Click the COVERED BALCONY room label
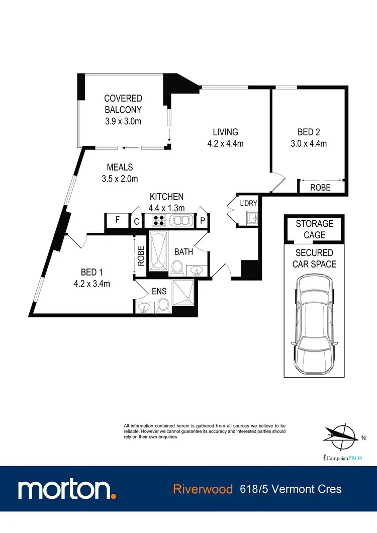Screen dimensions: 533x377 (x=123, y=104)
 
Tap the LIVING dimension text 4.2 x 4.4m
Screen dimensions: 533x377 (x=225, y=143)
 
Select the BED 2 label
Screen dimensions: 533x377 (x=309, y=132)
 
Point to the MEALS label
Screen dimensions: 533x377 (x=119, y=167)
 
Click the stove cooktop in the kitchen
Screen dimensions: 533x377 (x=159, y=220)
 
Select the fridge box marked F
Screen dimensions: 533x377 (x=117, y=220)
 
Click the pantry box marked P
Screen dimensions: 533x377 (x=203, y=220)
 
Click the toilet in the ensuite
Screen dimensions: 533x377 (x=162, y=305)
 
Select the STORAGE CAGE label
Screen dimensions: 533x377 (x=314, y=229)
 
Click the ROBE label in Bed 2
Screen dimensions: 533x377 (x=320, y=188)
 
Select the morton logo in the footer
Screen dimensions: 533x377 (x=67, y=489)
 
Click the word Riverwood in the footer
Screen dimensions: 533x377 (x=203, y=489)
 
